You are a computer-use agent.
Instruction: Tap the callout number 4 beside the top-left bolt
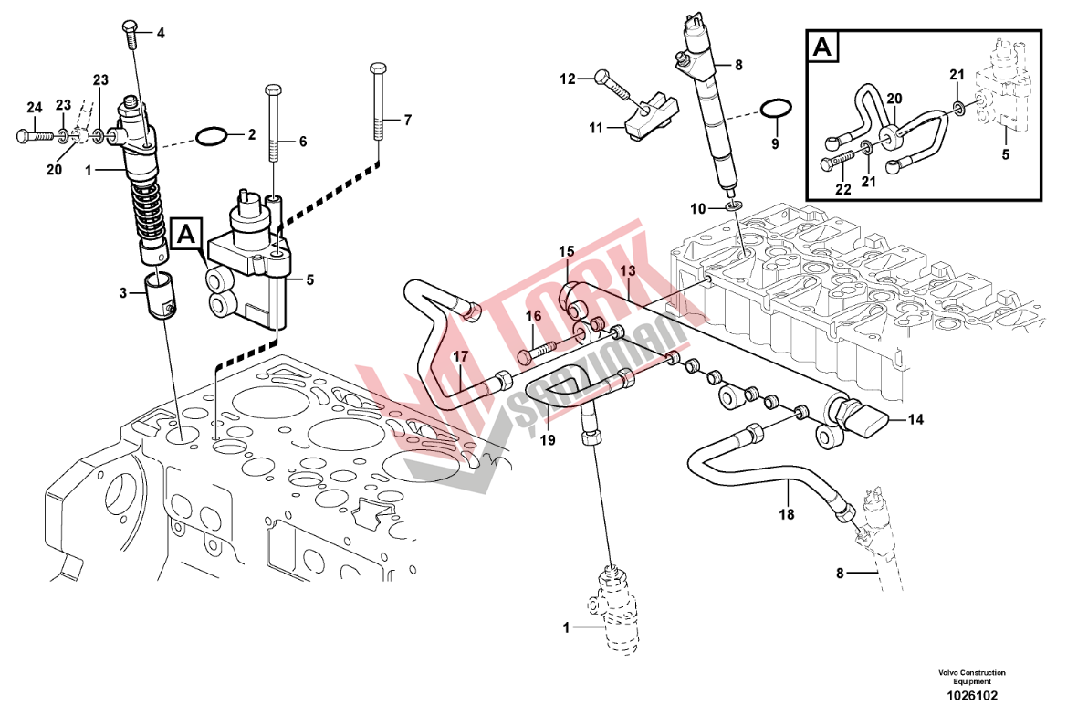point(161,34)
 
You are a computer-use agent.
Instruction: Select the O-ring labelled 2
point(212,138)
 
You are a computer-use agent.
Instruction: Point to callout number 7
point(408,120)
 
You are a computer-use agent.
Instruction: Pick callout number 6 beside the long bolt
point(302,141)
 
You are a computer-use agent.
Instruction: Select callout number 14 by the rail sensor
point(915,419)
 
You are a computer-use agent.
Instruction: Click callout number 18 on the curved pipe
point(787,515)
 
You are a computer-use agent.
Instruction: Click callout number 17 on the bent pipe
point(462,356)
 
